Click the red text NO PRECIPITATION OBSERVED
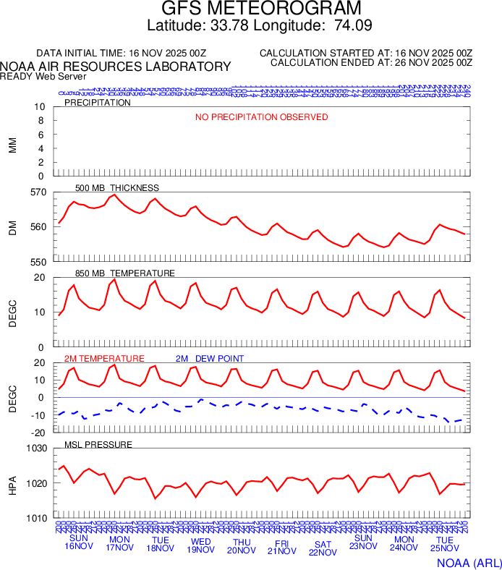[261, 117]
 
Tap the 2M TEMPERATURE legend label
[104, 359]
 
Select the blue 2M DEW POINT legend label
[210, 359]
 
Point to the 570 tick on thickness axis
[38, 192]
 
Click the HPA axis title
[12, 483]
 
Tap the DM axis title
[12, 227]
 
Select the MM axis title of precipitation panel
[12, 142]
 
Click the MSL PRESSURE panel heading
[98, 444]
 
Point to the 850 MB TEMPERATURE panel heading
[125, 273]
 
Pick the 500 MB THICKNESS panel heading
[117, 188]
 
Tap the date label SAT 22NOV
[323, 548]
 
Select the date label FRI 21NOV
[282, 546]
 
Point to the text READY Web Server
[43, 76]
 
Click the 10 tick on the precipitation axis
[40, 107]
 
